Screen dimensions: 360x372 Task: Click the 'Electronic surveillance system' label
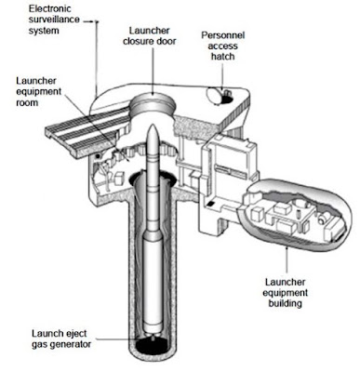coord(55,20)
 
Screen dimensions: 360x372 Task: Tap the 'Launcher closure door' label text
coord(150,35)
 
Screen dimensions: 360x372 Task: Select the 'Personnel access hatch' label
coord(223,46)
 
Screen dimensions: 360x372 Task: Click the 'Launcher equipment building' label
coord(285,292)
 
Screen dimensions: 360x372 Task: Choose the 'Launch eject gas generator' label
coord(61,339)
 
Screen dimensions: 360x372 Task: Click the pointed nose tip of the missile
coord(153,126)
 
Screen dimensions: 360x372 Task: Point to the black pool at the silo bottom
coord(153,347)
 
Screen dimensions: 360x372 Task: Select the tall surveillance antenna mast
coord(97,59)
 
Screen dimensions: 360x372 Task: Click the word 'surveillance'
coord(54,20)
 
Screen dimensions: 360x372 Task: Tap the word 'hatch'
coord(222,57)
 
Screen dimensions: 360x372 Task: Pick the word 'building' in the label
coord(285,303)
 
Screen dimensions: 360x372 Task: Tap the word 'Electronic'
coord(50,8)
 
